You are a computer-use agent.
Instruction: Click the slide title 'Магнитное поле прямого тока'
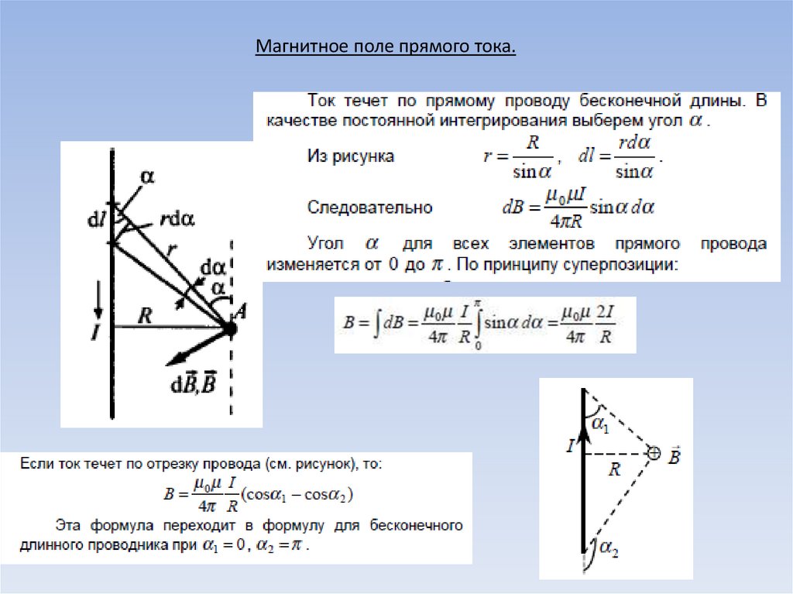click(x=386, y=48)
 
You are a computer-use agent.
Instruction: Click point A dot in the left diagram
click(x=230, y=329)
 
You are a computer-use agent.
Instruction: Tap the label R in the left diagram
click(x=145, y=314)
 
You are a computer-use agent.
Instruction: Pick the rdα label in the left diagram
click(x=177, y=219)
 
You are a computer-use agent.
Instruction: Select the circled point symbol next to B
click(x=654, y=454)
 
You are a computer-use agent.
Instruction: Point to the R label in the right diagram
click(x=615, y=468)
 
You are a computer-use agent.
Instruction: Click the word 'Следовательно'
click(x=370, y=208)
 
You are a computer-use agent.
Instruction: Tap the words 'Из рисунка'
click(x=351, y=156)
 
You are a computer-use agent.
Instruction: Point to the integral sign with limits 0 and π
click(x=478, y=324)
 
